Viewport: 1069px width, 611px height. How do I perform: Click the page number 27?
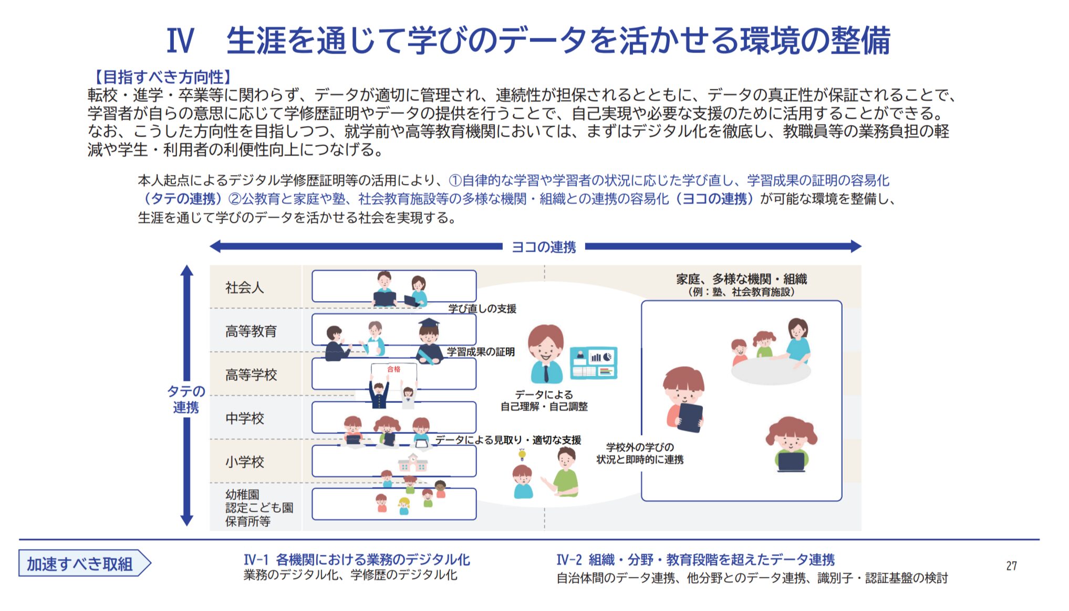coord(1011,566)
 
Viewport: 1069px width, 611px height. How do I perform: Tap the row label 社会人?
coord(244,287)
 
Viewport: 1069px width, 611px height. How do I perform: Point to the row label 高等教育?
coord(251,331)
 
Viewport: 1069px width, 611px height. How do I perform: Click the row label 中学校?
coord(244,418)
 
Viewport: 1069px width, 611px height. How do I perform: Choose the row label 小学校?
coord(244,462)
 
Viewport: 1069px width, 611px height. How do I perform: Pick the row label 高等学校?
coord(251,375)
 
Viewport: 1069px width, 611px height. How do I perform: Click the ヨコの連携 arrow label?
coord(544,247)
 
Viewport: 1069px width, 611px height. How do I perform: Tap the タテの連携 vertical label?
coord(185,399)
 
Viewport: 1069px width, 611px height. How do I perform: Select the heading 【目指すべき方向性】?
coord(162,77)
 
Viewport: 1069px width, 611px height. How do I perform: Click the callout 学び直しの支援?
coord(482,309)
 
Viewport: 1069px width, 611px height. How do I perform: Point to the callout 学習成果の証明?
coord(481,352)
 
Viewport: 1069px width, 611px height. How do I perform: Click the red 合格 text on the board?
coord(393,369)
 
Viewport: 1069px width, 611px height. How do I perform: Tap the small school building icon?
coord(412,463)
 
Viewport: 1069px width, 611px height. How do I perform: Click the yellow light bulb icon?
coord(522,454)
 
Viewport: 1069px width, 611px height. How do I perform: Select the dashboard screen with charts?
coord(594,363)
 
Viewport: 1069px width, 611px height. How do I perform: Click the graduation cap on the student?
coord(429,323)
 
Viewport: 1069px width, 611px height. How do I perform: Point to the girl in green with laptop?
coord(791,444)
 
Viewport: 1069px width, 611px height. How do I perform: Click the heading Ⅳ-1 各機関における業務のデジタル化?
coord(357,560)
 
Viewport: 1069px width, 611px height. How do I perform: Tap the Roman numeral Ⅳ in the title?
coord(180,40)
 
